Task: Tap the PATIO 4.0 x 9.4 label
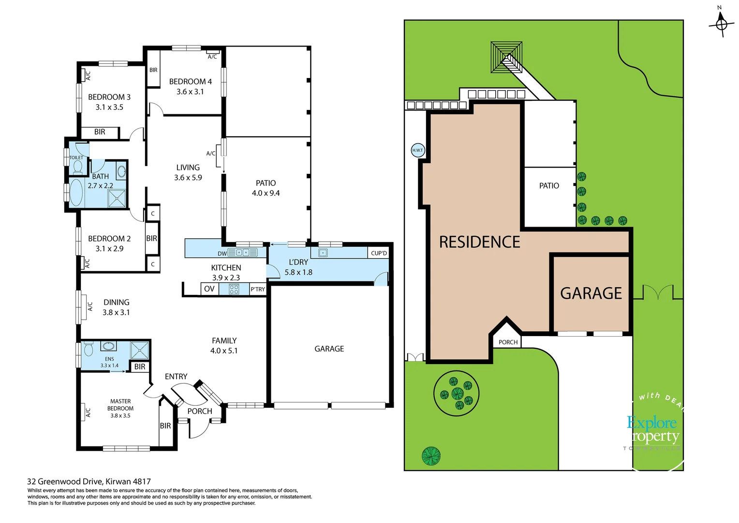(x=266, y=188)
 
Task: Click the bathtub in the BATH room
(x=76, y=193)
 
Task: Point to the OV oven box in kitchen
(x=209, y=289)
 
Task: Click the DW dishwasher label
(x=222, y=253)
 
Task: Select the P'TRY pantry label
(x=258, y=289)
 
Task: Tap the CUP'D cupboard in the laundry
(x=379, y=253)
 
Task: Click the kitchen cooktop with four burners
(x=234, y=289)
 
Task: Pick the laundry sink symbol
(x=323, y=253)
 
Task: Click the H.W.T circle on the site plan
(x=417, y=150)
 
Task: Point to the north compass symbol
(x=721, y=23)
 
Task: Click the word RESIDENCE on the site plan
(x=479, y=242)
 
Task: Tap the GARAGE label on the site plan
(x=591, y=293)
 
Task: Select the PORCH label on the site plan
(x=508, y=342)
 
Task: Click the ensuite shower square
(x=140, y=351)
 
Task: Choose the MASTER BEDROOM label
(x=120, y=408)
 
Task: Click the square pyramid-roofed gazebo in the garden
(x=506, y=57)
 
